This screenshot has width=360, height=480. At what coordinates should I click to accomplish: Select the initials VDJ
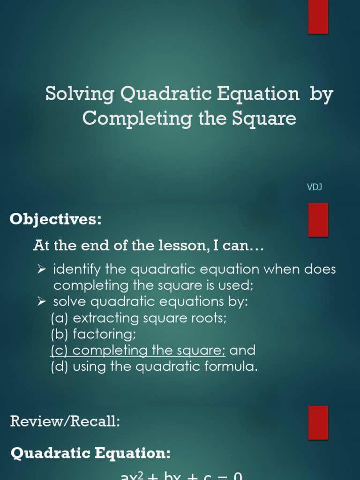[314, 187]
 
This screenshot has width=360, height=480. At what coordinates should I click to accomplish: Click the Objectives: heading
[56, 219]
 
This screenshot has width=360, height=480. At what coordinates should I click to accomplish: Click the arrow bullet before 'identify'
[41, 270]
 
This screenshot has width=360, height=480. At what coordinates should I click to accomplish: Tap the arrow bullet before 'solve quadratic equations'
[41, 301]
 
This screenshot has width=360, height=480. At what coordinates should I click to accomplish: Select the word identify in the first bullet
[77, 270]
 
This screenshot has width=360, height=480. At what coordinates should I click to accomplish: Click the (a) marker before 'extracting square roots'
[60, 318]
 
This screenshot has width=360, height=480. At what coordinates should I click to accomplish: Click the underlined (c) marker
[60, 350]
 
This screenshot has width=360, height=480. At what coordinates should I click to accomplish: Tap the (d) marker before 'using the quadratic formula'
[60, 366]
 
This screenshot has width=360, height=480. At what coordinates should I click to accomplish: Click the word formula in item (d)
[236, 366]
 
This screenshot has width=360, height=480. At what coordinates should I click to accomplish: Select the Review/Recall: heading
[65, 421]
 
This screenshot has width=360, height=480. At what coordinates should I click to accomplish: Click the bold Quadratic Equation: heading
[90, 453]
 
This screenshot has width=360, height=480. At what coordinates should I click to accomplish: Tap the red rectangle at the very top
[318, 17]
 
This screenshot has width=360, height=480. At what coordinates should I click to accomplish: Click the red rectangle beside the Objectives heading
[318, 220]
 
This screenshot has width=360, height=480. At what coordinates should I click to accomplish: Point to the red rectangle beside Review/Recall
[318, 422]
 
